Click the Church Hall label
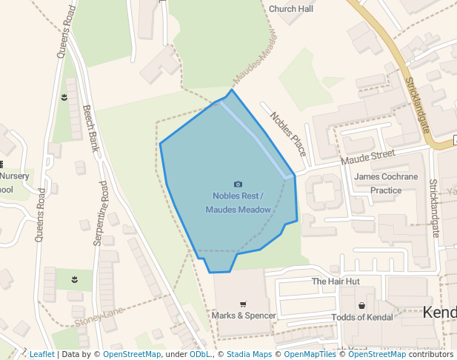290,9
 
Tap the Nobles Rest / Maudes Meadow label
238,202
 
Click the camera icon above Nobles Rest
238,184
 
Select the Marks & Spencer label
244,316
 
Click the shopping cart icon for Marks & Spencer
243,304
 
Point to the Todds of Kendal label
361,317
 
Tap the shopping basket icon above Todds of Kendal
361,305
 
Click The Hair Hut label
335,281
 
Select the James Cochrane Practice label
386,183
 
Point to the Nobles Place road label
288,134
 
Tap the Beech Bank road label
91,128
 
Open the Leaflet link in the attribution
41,354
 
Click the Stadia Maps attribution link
249,354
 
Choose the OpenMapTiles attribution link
309,354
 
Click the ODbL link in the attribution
200,354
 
